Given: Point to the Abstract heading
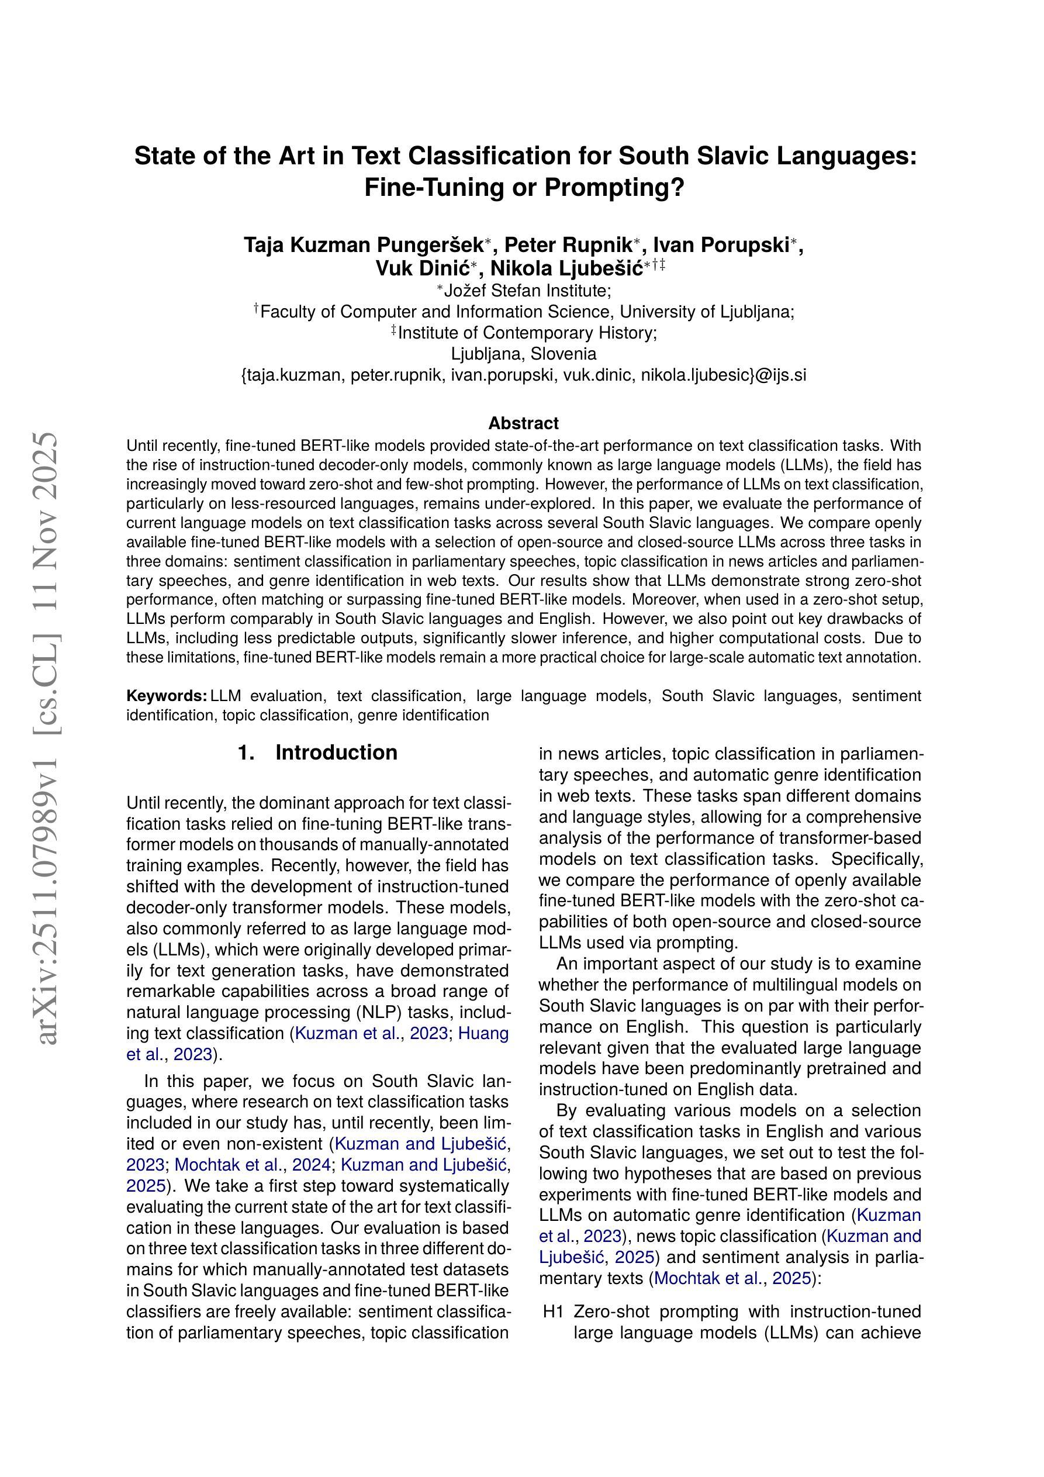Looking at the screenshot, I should coord(523,423).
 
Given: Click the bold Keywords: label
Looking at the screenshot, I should coord(167,695).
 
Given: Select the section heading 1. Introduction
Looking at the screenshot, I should coord(317,753).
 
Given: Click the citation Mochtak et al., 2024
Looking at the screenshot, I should coord(253,1165).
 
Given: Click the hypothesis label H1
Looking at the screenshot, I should coord(552,1311).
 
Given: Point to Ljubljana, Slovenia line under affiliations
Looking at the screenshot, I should coord(523,354).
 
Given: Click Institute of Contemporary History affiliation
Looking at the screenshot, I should coord(527,333).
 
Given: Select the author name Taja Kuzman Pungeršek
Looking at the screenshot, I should coord(364,245).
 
